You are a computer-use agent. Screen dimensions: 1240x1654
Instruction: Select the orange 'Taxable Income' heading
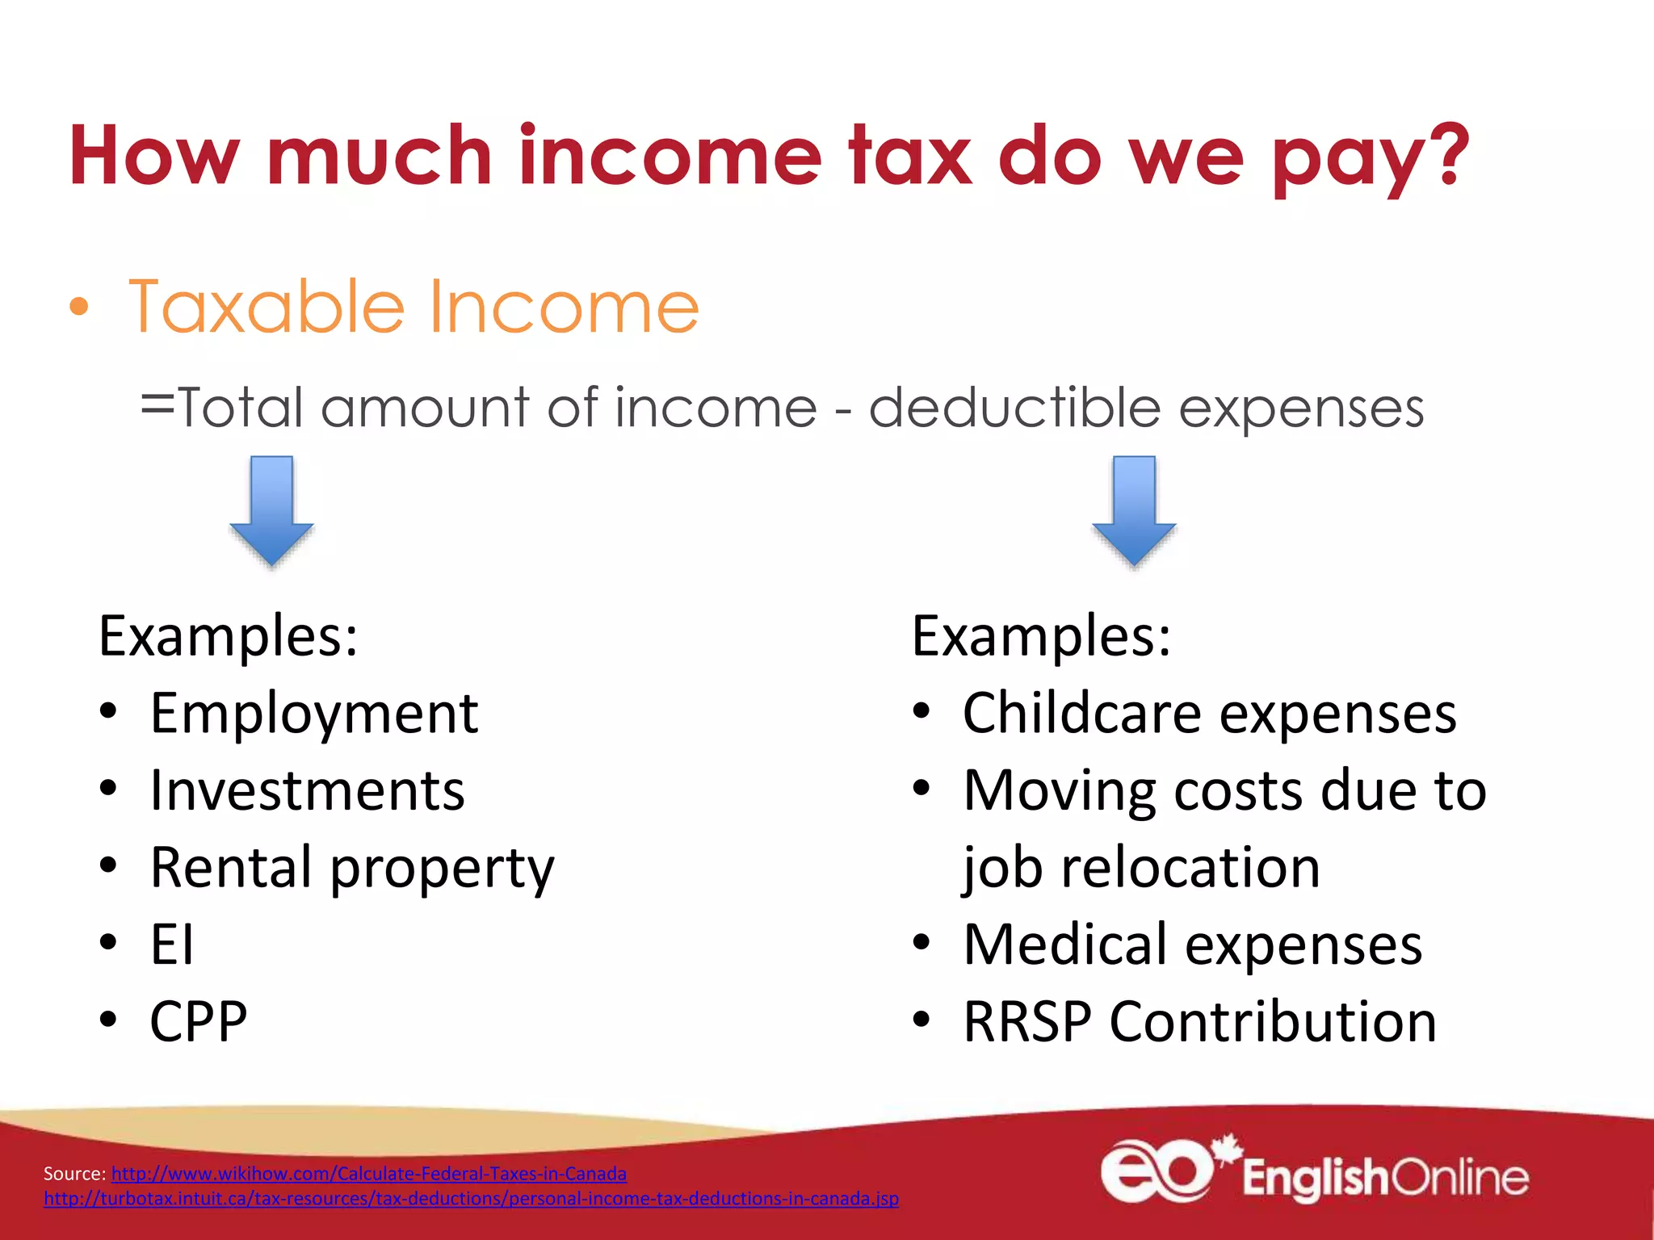[413, 307]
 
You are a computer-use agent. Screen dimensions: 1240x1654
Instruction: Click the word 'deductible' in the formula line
[1014, 408]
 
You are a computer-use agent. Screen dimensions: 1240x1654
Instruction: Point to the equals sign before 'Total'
[157, 404]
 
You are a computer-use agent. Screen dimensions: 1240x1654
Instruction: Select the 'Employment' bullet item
[314, 714]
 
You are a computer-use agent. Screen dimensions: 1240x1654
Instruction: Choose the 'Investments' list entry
[308, 790]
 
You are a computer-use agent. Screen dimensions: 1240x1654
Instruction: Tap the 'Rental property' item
[352, 868]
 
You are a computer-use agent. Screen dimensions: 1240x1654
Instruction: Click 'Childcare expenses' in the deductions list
[1209, 714]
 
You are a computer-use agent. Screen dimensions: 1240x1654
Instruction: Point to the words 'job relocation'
[1141, 868]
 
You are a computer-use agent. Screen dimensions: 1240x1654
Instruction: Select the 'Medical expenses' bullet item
[1192, 945]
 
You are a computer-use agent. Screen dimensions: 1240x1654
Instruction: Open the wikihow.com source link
[369, 1174]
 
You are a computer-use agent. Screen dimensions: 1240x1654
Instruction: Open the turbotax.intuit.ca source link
[471, 1199]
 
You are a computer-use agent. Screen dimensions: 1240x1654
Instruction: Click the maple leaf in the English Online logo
[1228, 1147]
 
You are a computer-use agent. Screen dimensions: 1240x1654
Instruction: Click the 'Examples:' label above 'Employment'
[229, 636]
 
